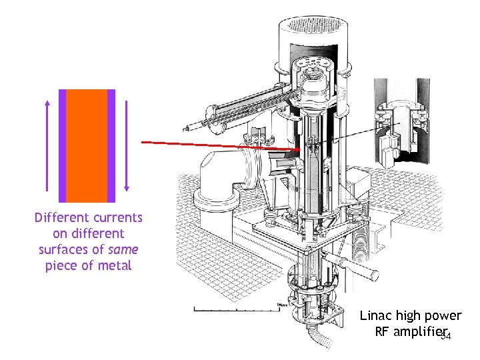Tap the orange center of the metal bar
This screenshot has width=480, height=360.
pos(87,145)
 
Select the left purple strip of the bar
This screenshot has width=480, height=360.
pos(63,145)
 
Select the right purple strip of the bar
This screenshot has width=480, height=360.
pos(111,145)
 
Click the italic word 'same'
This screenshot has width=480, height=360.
pos(125,249)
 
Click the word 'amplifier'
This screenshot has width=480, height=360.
pos(418,332)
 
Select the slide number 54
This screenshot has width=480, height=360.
pos(447,335)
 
